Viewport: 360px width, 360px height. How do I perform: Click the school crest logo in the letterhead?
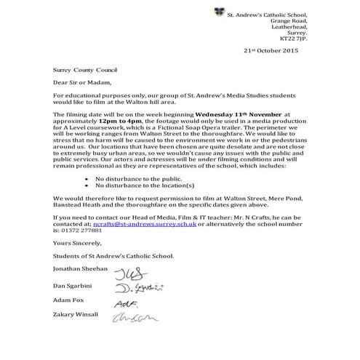(x=217, y=12)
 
